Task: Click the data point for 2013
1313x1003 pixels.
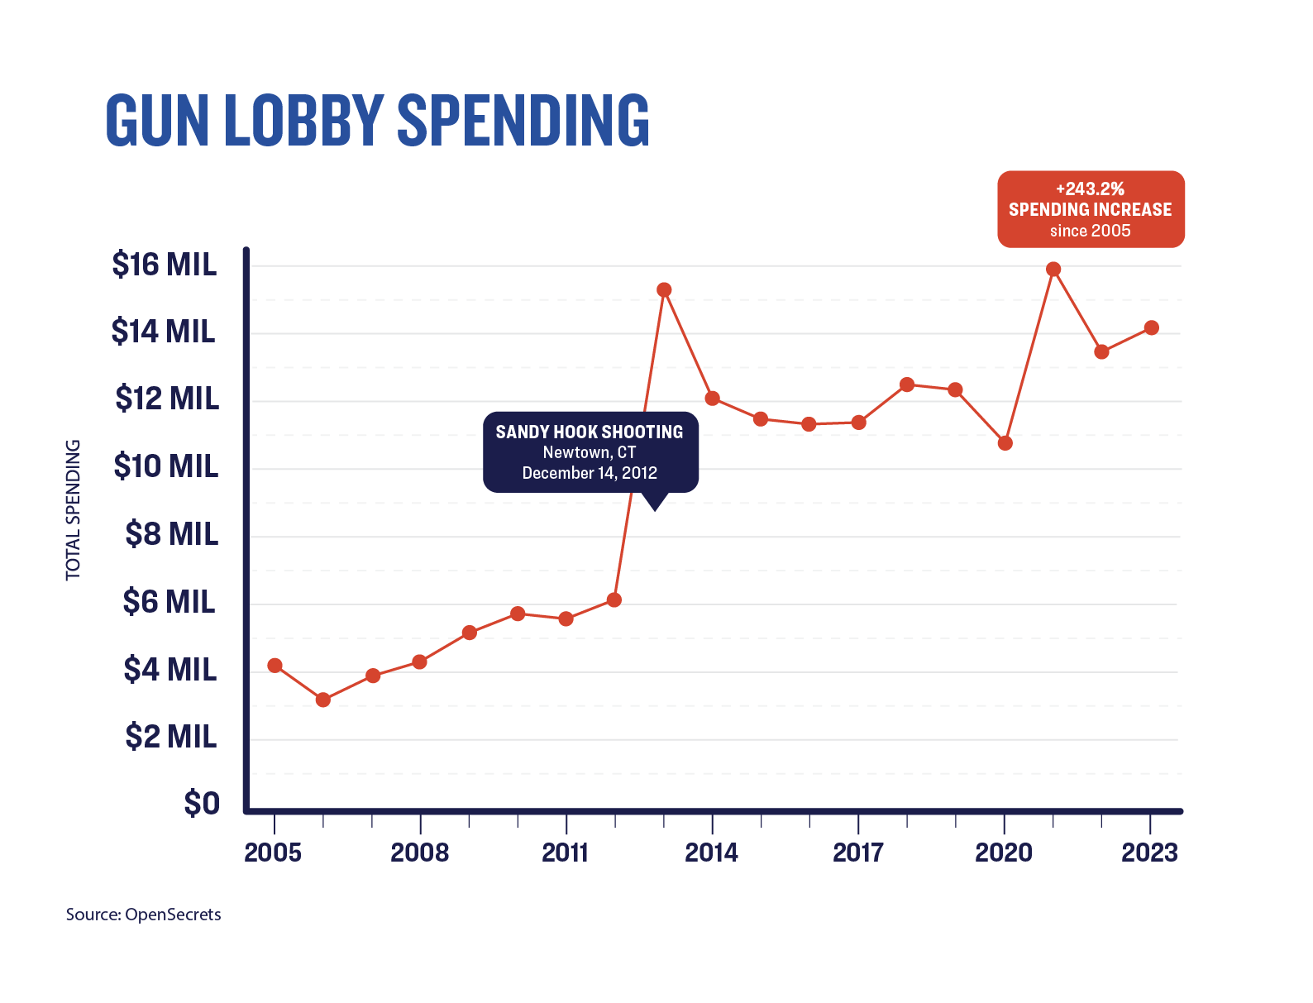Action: click(x=664, y=289)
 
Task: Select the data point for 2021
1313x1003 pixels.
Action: click(x=1053, y=269)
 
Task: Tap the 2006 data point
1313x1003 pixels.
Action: click(x=323, y=700)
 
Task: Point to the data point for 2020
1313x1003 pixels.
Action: click(x=1005, y=443)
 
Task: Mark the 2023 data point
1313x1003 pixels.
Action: click(x=1151, y=327)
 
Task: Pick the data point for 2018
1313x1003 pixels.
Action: click(x=907, y=384)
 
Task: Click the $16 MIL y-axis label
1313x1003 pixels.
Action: click(x=165, y=265)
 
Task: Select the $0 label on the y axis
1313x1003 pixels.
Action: click(x=202, y=803)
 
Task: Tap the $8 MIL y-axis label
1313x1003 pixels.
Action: click(x=172, y=534)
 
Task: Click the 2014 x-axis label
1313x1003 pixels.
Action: click(x=712, y=853)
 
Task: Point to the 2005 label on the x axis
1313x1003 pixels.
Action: click(x=273, y=853)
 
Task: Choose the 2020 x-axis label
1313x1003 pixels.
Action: click(x=1004, y=853)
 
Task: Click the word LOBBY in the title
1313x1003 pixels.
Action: click(x=303, y=121)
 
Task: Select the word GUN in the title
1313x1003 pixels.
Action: click(x=157, y=121)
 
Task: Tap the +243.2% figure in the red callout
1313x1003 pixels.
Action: click(x=1090, y=189)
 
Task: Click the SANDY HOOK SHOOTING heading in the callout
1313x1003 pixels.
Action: click(x=590, y=432)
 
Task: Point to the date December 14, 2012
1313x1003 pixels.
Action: click(x=590, y=473)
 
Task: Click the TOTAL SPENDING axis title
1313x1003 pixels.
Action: click(x=74, y=509)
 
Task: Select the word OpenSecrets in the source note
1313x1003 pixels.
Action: click(x=173, y=915)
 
